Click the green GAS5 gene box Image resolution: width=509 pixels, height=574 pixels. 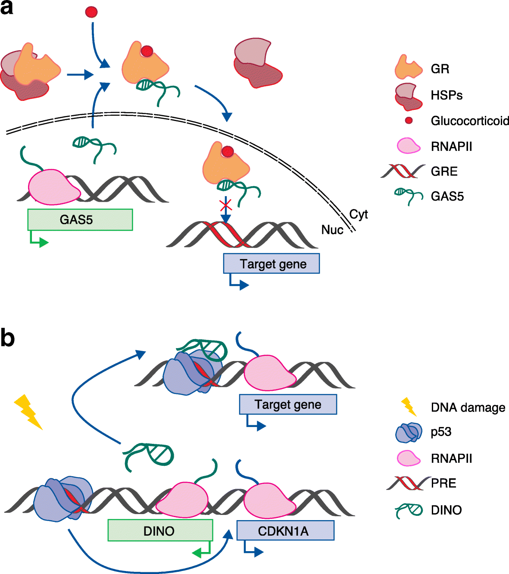[x=80, y=220]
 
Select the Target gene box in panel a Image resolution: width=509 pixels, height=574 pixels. [x=272, y=263]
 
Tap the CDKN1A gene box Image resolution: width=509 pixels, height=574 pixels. [x=285, y=530]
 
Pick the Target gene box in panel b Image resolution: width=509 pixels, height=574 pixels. [x=288, y=404]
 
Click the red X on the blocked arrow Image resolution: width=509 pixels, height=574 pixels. [x=226, y=205]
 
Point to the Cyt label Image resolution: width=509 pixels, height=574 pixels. [x=359, y=215]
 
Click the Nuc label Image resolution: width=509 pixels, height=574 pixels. [x=332, y=230]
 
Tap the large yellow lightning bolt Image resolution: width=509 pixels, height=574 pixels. [x=28, y=412]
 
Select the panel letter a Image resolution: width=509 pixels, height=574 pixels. [x=6, y=8]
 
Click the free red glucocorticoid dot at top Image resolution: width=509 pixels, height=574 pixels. [x=91, y=12]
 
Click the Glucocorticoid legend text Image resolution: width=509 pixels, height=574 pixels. [x=470, y=121]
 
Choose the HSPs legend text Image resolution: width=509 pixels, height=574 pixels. [x=447, y=95]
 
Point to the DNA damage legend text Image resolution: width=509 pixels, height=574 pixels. [x=468, y=408]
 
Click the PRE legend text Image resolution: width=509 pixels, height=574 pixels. [x=443, y=483]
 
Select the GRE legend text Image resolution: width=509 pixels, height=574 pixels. [x=444, y=172]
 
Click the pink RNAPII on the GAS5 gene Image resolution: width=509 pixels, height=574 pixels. [x=54, y=187]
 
